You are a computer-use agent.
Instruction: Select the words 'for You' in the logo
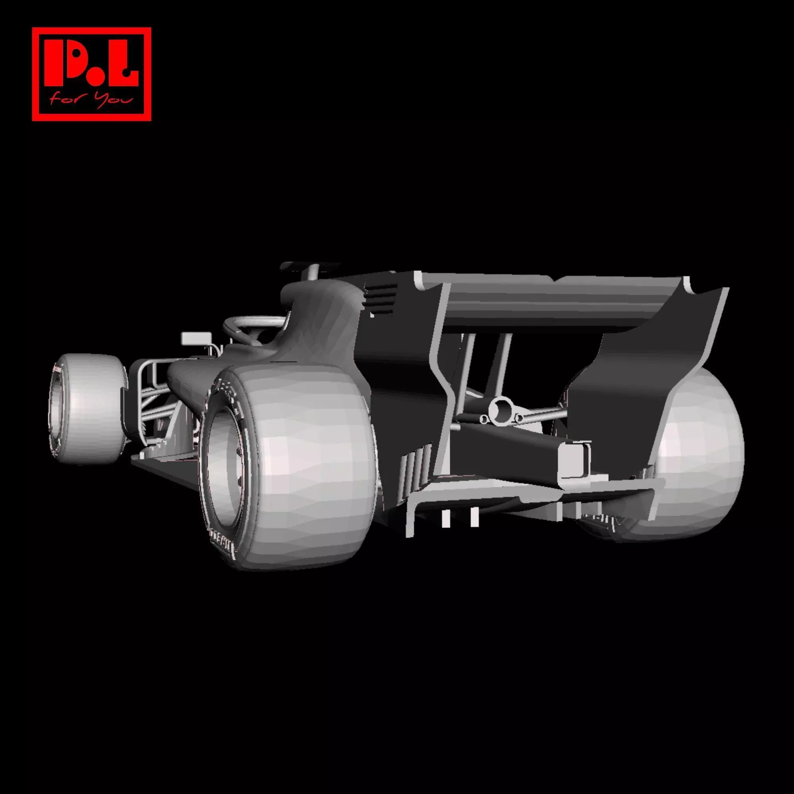[91, 100]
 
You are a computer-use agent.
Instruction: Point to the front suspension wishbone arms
[152, 395]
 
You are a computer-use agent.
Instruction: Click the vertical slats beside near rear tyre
[415, 466]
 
